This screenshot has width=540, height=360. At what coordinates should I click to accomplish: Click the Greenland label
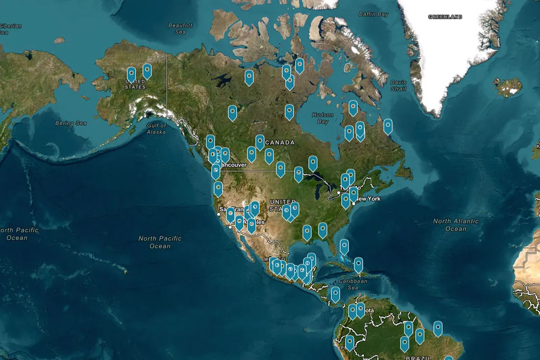click(x=445, y=17)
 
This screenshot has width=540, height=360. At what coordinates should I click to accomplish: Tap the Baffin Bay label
click(x=373, y=14)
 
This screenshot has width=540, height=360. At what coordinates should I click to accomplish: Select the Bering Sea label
click(x=71, y=123)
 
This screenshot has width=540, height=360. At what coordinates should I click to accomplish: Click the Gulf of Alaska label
click(x=156, y=129)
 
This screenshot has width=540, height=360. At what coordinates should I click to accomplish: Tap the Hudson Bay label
click(x=322, y=118)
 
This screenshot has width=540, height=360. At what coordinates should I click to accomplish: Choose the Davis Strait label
click(x=398, y=85)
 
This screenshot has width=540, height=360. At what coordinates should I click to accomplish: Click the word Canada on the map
click(x=280, y=142)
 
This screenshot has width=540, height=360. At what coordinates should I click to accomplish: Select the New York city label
click(x=368, y=198)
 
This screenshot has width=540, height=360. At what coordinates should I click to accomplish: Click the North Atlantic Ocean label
click(x=456, y=225)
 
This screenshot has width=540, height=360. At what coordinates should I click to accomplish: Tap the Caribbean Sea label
click(x=353, y=284)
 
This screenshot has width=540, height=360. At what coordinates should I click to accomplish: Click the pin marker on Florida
click(x=344, y=246)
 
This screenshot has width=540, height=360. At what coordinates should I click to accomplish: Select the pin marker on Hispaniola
click(x=358, y=264)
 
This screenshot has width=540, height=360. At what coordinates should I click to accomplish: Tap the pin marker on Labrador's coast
click(x=388, y=125)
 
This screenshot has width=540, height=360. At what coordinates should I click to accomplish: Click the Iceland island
click(x=508, y=87)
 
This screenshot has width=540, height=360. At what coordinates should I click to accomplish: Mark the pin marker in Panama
click(x=335, y=293)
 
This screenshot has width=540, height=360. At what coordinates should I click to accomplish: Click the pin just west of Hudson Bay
click(x=290, y=111)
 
